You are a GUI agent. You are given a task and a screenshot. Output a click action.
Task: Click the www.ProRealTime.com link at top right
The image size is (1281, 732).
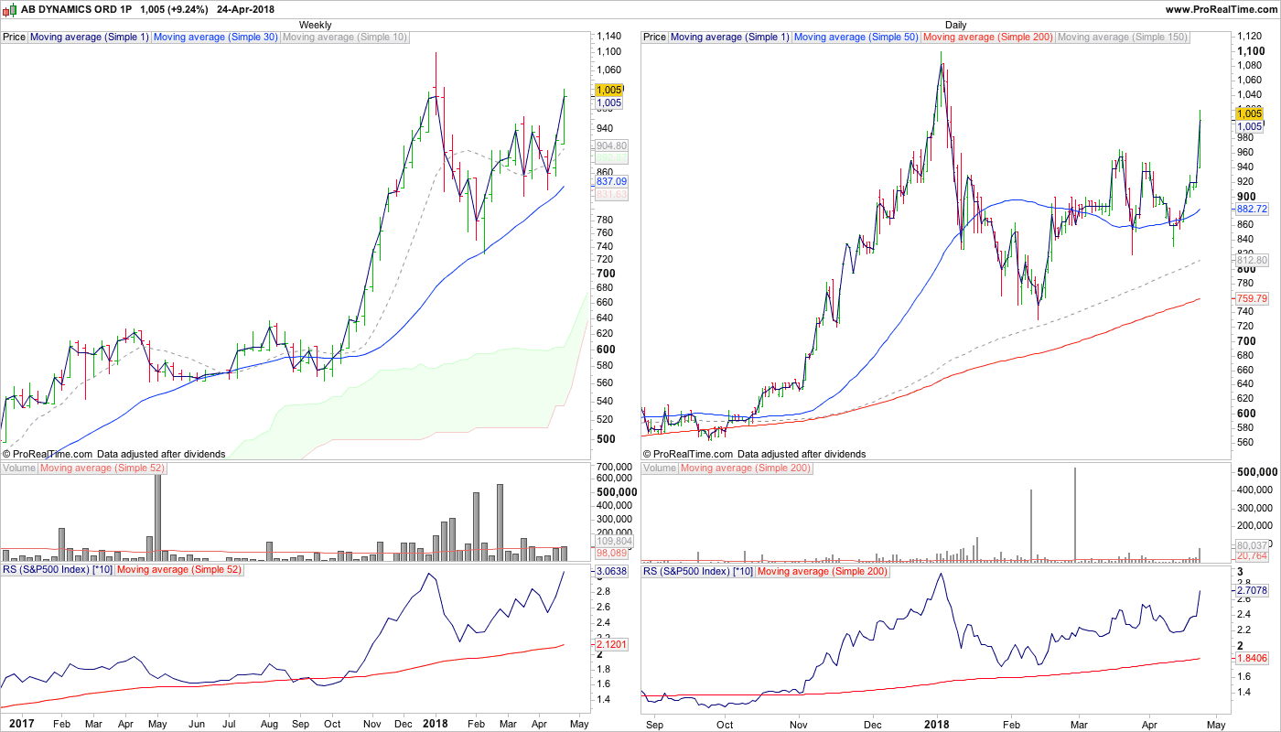(1221, 9)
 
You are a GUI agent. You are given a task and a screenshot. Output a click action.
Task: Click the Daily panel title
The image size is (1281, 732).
(955, 25)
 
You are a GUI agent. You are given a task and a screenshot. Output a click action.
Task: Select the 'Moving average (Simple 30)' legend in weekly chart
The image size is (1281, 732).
(216, 38)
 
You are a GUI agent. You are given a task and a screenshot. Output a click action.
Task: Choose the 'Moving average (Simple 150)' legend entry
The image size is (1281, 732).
(1122, 38)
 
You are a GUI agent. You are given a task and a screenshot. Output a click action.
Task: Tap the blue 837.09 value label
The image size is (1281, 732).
(610, 182)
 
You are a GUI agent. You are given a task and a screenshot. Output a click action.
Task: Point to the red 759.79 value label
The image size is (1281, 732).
(1251, 298)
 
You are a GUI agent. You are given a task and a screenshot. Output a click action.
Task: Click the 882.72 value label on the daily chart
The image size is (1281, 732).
(1251, 210)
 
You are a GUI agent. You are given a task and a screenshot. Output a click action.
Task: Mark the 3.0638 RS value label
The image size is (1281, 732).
(610, 572)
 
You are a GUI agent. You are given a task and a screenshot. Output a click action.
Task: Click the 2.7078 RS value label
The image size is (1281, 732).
(1251, 591)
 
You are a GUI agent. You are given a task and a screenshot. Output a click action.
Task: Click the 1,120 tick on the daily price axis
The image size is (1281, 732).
(1248, 36)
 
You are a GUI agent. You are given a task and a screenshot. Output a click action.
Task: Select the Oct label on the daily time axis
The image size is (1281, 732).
(725, 724)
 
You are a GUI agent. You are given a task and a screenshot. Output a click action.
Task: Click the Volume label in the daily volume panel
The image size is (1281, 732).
(660, 468)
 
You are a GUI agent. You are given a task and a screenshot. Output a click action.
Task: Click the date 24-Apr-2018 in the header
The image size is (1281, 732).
(246, 9)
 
